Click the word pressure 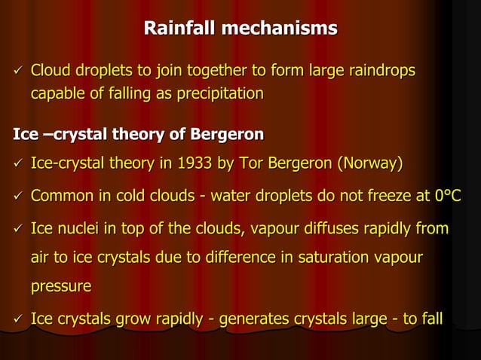pos(61,287)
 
